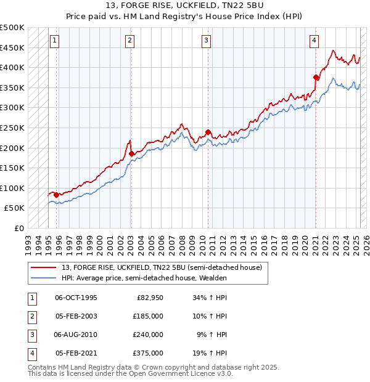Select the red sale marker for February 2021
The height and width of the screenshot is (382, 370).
coord(316,78)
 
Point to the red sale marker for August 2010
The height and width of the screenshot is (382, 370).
coord(208,132)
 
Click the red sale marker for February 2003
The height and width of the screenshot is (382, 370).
coord(131,153)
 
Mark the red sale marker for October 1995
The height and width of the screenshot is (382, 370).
coord(56,195)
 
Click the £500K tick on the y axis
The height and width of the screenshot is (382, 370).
coord(12,28)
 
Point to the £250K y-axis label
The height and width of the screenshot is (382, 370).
coord(12,128)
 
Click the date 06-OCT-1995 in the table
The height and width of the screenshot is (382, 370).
coord(76,298)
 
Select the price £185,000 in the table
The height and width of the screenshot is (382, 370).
coord(148,316)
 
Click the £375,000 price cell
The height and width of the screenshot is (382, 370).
coord(148,353)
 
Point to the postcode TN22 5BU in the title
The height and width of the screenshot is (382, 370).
coord(216,7)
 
